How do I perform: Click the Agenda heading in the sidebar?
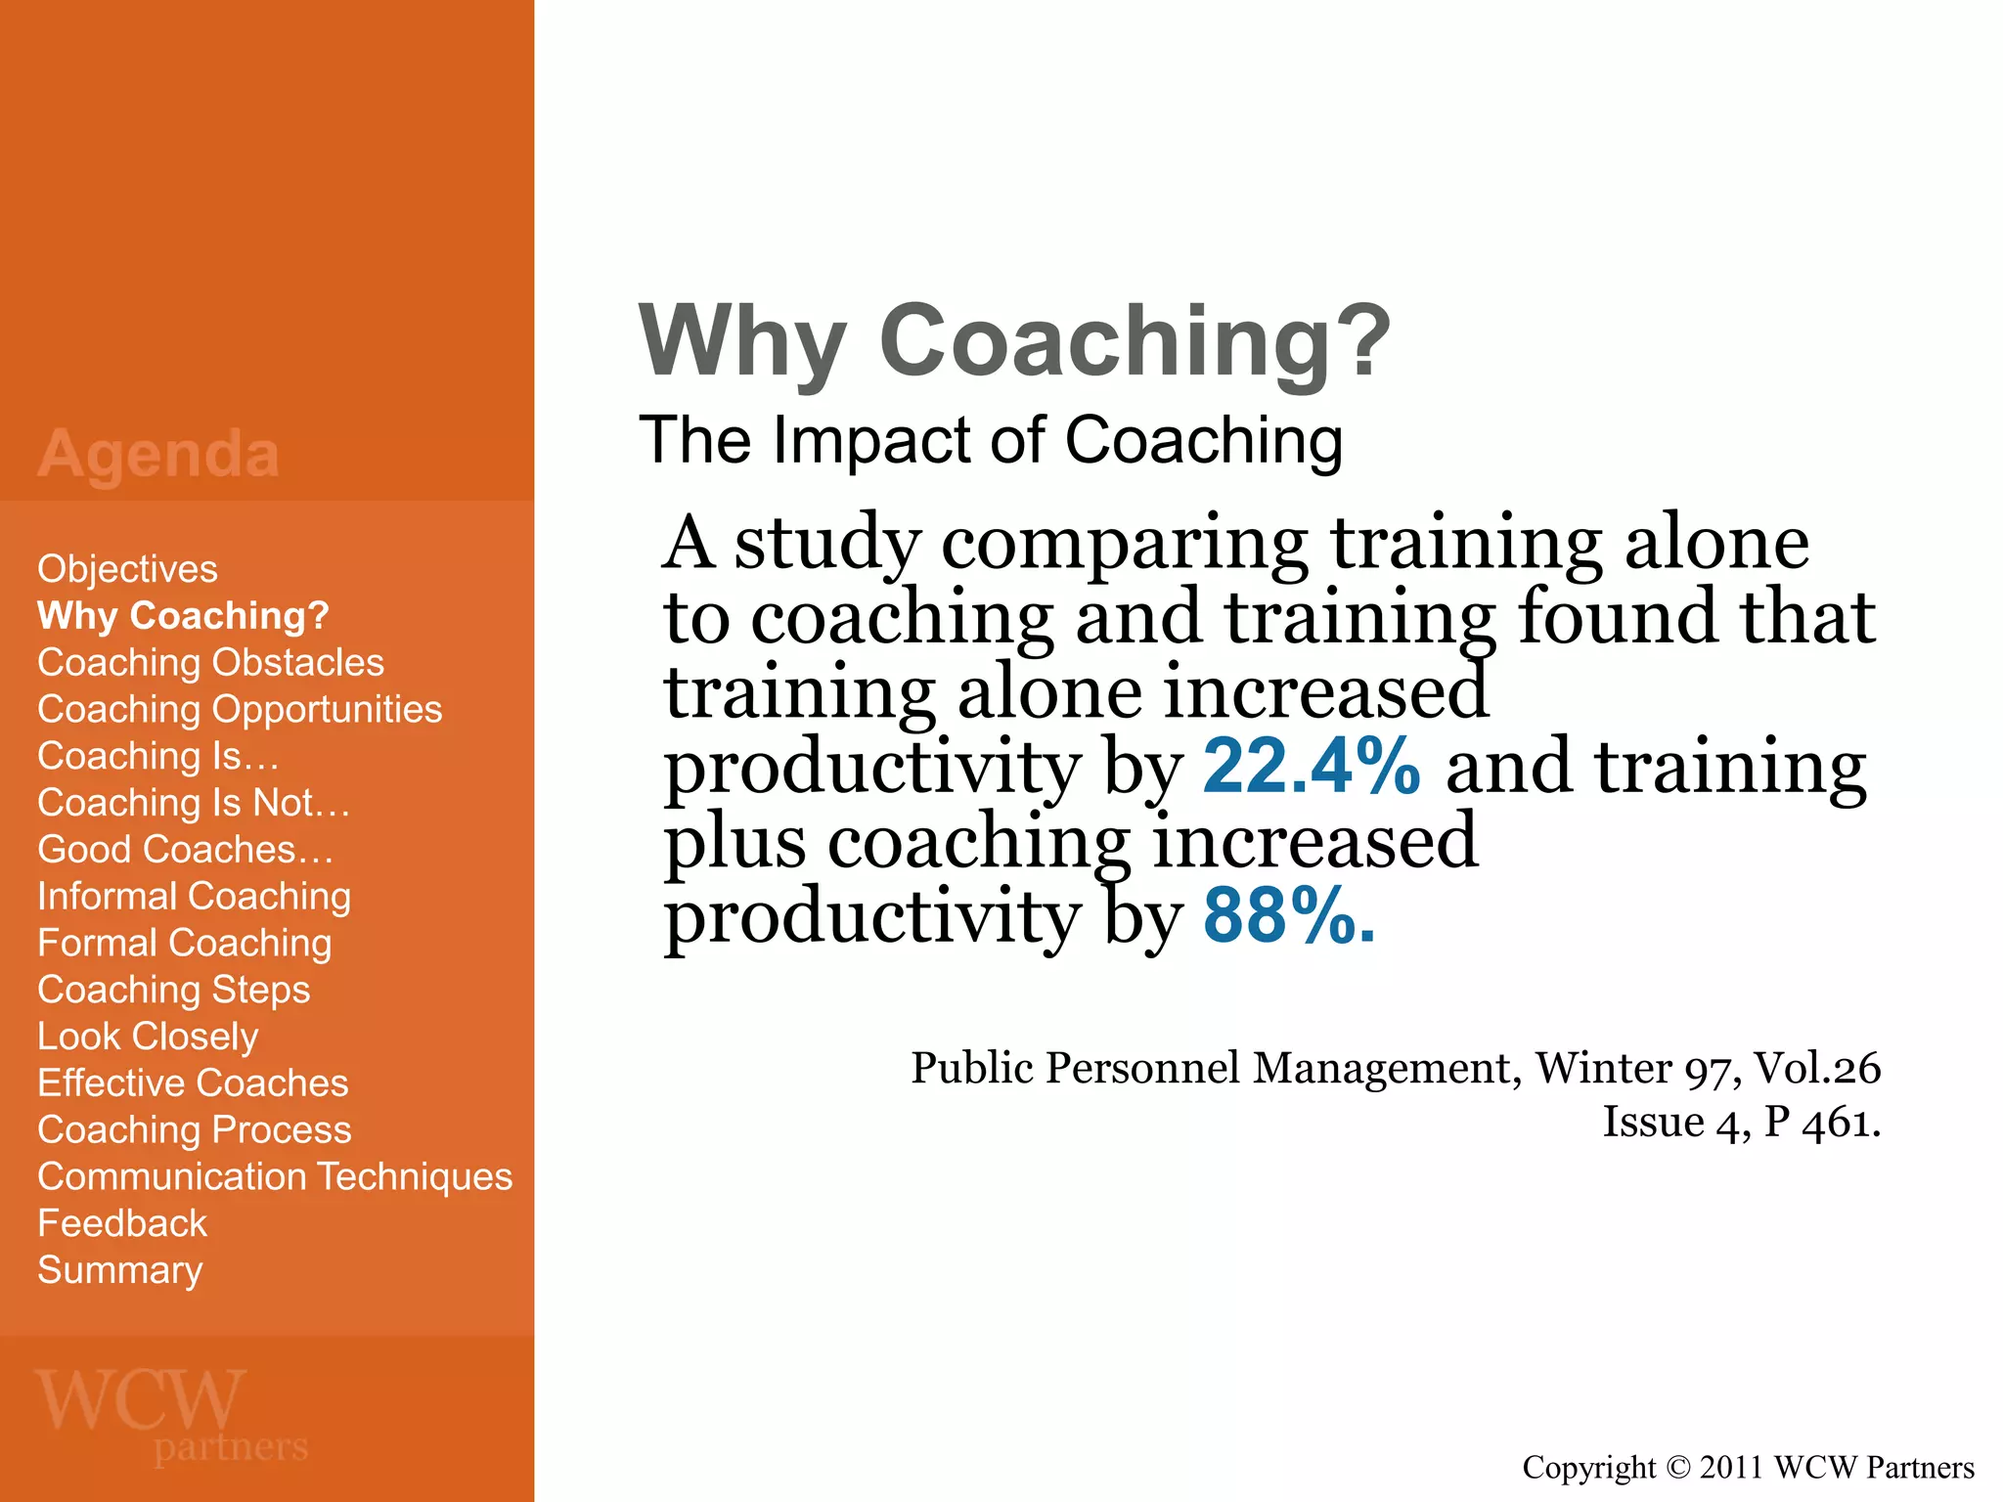point(158,455)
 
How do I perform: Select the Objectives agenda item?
point(127,569)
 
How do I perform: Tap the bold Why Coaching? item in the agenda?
point(183,616)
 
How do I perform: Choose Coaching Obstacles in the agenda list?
point(210,663)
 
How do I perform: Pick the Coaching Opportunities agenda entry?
point(240,710)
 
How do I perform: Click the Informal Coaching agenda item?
point(194,897)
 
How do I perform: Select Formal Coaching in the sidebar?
point(184,944)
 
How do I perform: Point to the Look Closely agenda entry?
point(148,1037)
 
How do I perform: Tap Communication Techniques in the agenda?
point(275,1177)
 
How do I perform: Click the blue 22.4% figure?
point(1311,767)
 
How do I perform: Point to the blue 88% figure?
point(1288,917)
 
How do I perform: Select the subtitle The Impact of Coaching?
point(991,441)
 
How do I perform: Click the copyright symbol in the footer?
point(1677,1468)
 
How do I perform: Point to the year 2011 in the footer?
point(1731,1468)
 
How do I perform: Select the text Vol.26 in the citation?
point(1816,1068)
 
